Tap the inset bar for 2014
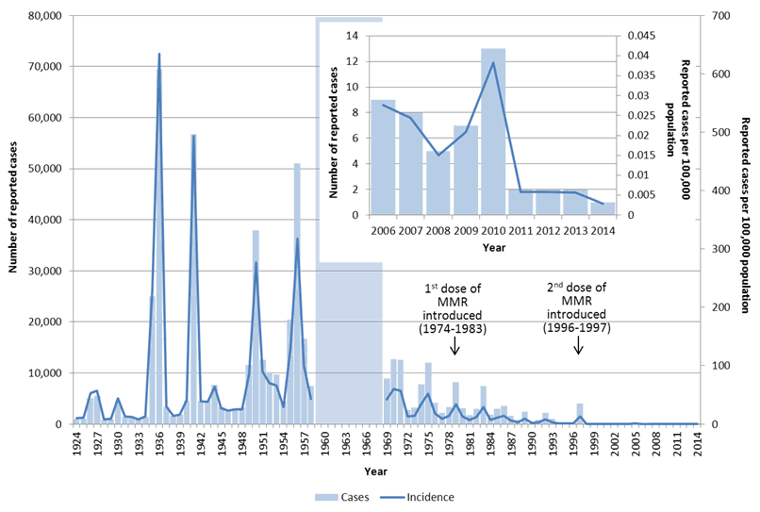[603, 208]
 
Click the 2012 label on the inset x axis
[548, 228]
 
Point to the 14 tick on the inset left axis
[355, 36]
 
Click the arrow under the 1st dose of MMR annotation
[455, 346]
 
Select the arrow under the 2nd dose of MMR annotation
[578, 346]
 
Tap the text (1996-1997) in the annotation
[578, 328]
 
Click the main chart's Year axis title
[375, 469]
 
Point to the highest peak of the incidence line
[158, 54]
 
